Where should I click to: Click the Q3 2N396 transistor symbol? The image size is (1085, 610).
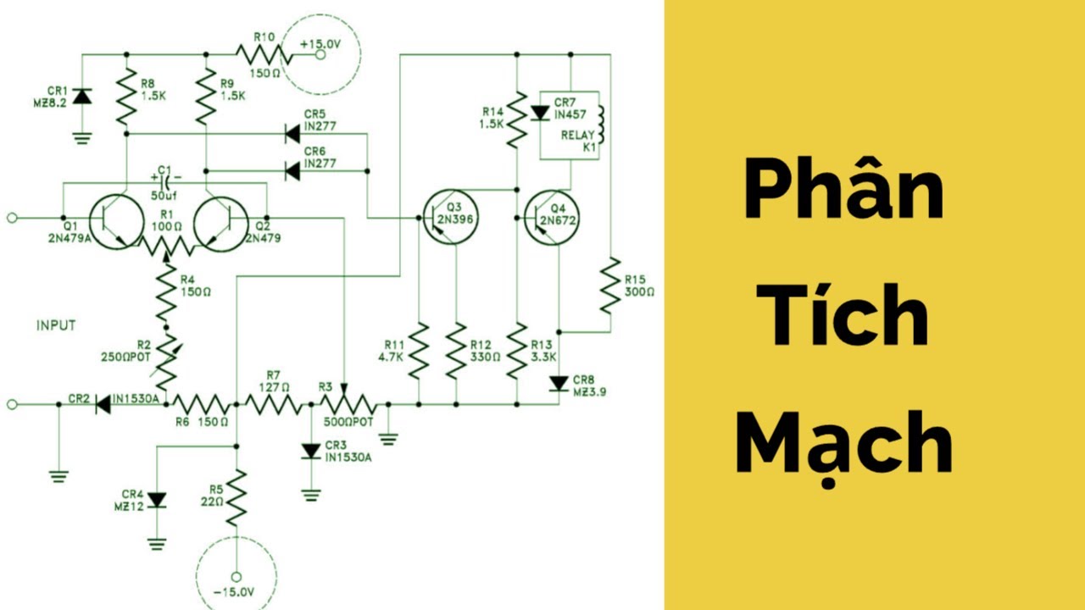point(450,218)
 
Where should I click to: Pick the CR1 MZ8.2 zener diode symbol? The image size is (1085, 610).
point(81,97)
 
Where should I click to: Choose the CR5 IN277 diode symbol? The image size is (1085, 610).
point(292,133)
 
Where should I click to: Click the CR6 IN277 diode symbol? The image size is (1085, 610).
point(292,171)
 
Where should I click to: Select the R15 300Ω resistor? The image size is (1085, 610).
point(609,286)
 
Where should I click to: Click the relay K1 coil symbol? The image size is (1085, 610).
point(602,125)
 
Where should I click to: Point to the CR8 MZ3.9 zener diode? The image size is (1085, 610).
point(559,384)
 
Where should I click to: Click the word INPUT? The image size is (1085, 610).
point(56,324)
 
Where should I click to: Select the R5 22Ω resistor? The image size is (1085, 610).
point(236,498)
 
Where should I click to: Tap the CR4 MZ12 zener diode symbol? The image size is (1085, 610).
point(156,500)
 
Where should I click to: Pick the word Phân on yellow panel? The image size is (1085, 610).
point(844,193)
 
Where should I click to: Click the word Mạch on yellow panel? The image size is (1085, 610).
point(844,445)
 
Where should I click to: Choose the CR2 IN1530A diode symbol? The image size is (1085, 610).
point(103,404)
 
